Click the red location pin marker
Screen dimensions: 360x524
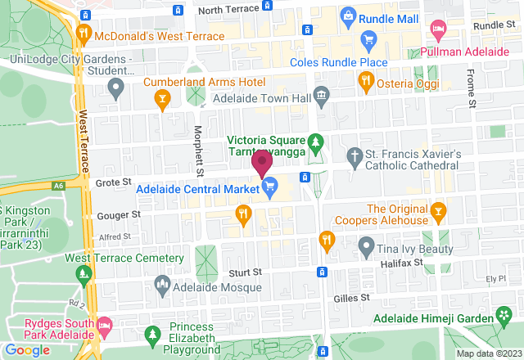pyautogui.click(x=262, y=163)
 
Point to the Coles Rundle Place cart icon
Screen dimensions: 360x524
pyautogui.click(x=368, y=40)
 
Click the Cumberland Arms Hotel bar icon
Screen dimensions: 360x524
pyautogui.click(x=163, y=100)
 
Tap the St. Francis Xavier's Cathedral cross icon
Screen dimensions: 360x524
pyautogui.click(x=355, y=155)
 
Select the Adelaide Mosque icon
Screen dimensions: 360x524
pyautogui.click(x=161, y=286)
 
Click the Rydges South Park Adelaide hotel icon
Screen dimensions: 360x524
pyautogui.click(x=104, y=326)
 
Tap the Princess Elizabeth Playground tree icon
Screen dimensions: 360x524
pyautogui.click(x=151, y=335)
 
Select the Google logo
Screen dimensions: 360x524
pyautogui.click(x=27, y=350)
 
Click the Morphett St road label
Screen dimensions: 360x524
pyautogui.click(x=199, y=150)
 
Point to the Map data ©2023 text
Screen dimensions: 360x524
pyautogui.click(x=487, y=353)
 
